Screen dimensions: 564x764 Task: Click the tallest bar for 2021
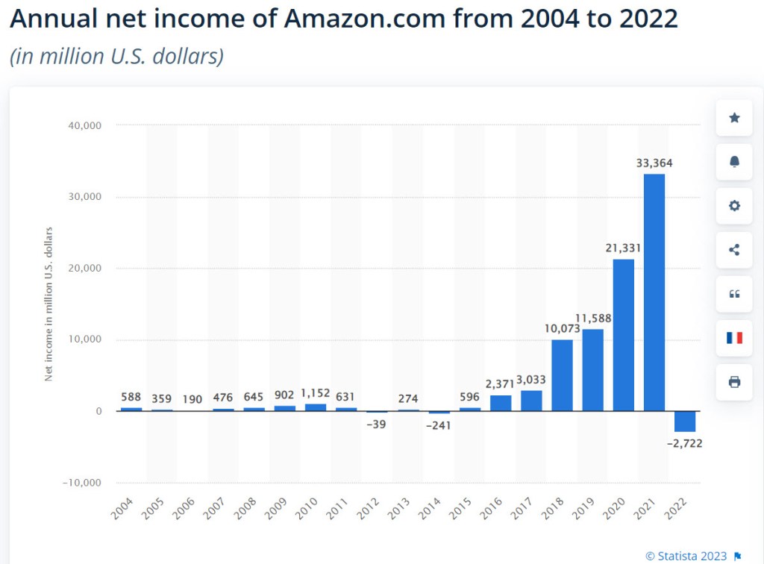(654, 292)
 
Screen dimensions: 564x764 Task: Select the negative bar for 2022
(685, 422)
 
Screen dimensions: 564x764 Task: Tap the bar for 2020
(624, 335)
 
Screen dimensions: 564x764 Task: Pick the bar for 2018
(562, 375)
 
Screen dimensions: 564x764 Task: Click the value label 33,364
(654, 163)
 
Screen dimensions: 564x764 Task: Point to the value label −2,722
(685, 443)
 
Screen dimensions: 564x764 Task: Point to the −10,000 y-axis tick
(81, 483)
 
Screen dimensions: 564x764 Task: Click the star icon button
(734, 118)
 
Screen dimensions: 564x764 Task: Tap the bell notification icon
(734, 162)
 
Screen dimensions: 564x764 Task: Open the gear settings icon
(734, 206)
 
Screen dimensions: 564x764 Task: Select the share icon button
(734, 250)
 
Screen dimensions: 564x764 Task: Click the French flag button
(734, 338)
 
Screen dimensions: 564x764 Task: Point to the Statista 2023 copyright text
(687, 555)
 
